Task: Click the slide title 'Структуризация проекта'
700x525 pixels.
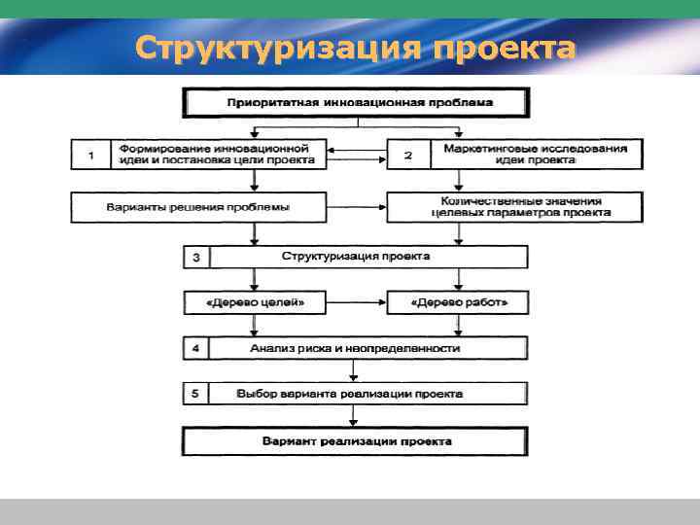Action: pos(355,47)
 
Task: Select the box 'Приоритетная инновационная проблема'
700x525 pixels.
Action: pos(359,102)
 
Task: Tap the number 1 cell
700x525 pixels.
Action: pos(91,155)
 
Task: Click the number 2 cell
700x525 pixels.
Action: pos(408,155)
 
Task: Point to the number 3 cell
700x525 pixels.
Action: pos(197,258)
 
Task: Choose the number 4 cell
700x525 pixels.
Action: pos(197,348)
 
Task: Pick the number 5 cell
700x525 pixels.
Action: pos(197,394)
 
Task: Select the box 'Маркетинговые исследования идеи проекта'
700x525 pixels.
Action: pos(535,155)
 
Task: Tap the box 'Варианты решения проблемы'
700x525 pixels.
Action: pos(198,207)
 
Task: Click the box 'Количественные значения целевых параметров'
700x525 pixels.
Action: pos(515,207)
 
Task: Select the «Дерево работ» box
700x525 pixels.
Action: pos(457,303)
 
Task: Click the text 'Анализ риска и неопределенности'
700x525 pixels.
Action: pos(355,348)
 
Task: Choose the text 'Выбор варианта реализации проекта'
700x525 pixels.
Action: pos(350,394)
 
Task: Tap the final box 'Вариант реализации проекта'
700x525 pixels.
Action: pos(356,442)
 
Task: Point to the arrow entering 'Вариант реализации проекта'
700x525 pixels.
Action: pos(354,417)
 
